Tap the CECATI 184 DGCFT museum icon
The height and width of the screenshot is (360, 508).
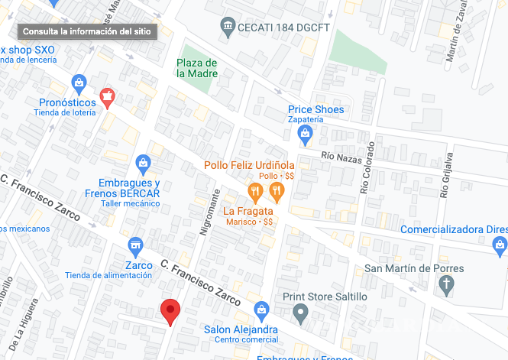[x=228, y=28]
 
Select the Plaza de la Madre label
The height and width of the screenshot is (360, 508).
[x=197, y=68]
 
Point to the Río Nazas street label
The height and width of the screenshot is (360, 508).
[x=340, y=157]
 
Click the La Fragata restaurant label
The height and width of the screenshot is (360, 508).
[x=249, y=211]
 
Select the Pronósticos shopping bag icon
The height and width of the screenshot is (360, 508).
[x=78, y=83]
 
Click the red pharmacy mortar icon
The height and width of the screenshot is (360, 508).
[x=108, y=95]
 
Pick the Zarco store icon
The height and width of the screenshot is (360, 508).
[x=135, y=245]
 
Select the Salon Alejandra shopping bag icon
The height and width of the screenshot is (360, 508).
[x=261, y=310]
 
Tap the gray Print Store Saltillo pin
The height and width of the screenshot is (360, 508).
[x=303, y=311]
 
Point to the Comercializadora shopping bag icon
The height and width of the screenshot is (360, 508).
[x=500, y=245]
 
